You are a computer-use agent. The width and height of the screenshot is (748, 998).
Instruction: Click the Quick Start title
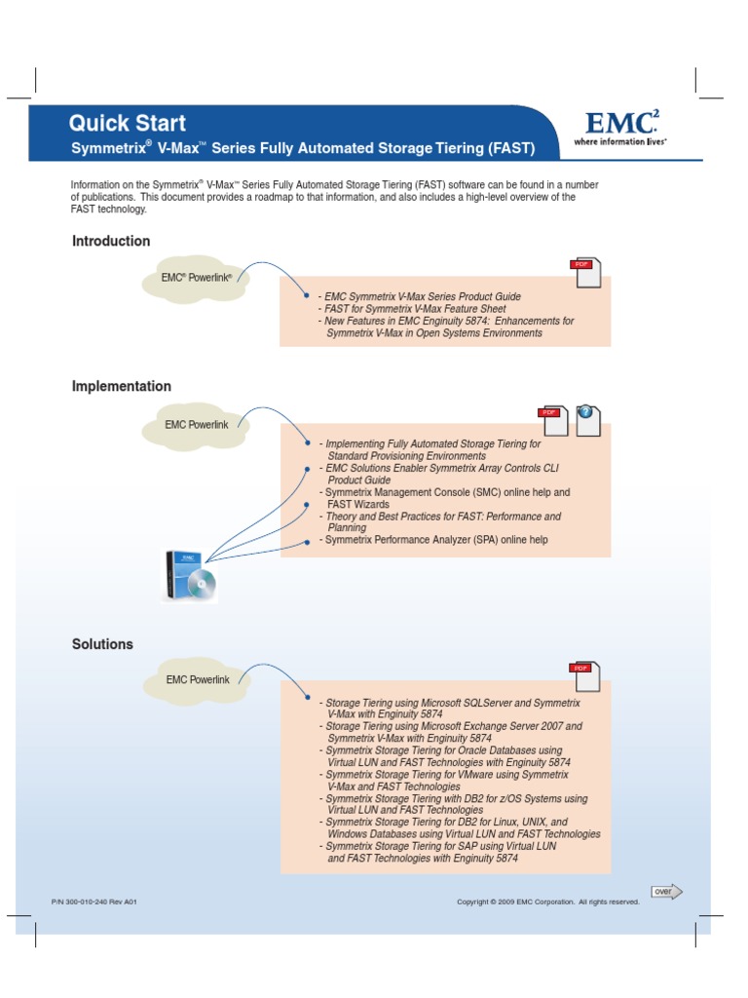(127, 124)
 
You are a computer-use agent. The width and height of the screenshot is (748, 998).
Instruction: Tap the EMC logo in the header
(621, 123)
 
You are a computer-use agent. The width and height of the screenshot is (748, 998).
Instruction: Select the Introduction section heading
(111, 241)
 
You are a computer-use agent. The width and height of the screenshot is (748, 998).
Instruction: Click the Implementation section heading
(122, 386)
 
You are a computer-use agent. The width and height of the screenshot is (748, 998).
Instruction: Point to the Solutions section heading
(102, 644)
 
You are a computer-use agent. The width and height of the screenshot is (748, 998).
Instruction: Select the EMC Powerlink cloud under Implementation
(197, 425)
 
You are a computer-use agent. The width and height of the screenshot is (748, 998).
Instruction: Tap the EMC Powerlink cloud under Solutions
(197, 680)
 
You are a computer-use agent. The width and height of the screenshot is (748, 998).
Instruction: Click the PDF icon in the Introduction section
(585, 273)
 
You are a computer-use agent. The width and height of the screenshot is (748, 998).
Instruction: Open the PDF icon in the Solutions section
(585, 676)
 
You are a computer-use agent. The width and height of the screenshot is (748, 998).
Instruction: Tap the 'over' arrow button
(667, 891)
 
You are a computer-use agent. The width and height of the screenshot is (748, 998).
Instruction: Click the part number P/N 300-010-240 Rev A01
(94, 902)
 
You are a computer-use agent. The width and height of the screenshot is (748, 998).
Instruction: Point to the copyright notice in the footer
(548, 902)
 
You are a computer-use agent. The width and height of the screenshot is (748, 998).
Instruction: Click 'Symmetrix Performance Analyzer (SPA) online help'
(436, 540)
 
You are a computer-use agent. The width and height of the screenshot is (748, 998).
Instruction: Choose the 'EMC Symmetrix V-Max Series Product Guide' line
(423, 296)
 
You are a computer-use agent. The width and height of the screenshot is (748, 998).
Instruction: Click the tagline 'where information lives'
(619, 141)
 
